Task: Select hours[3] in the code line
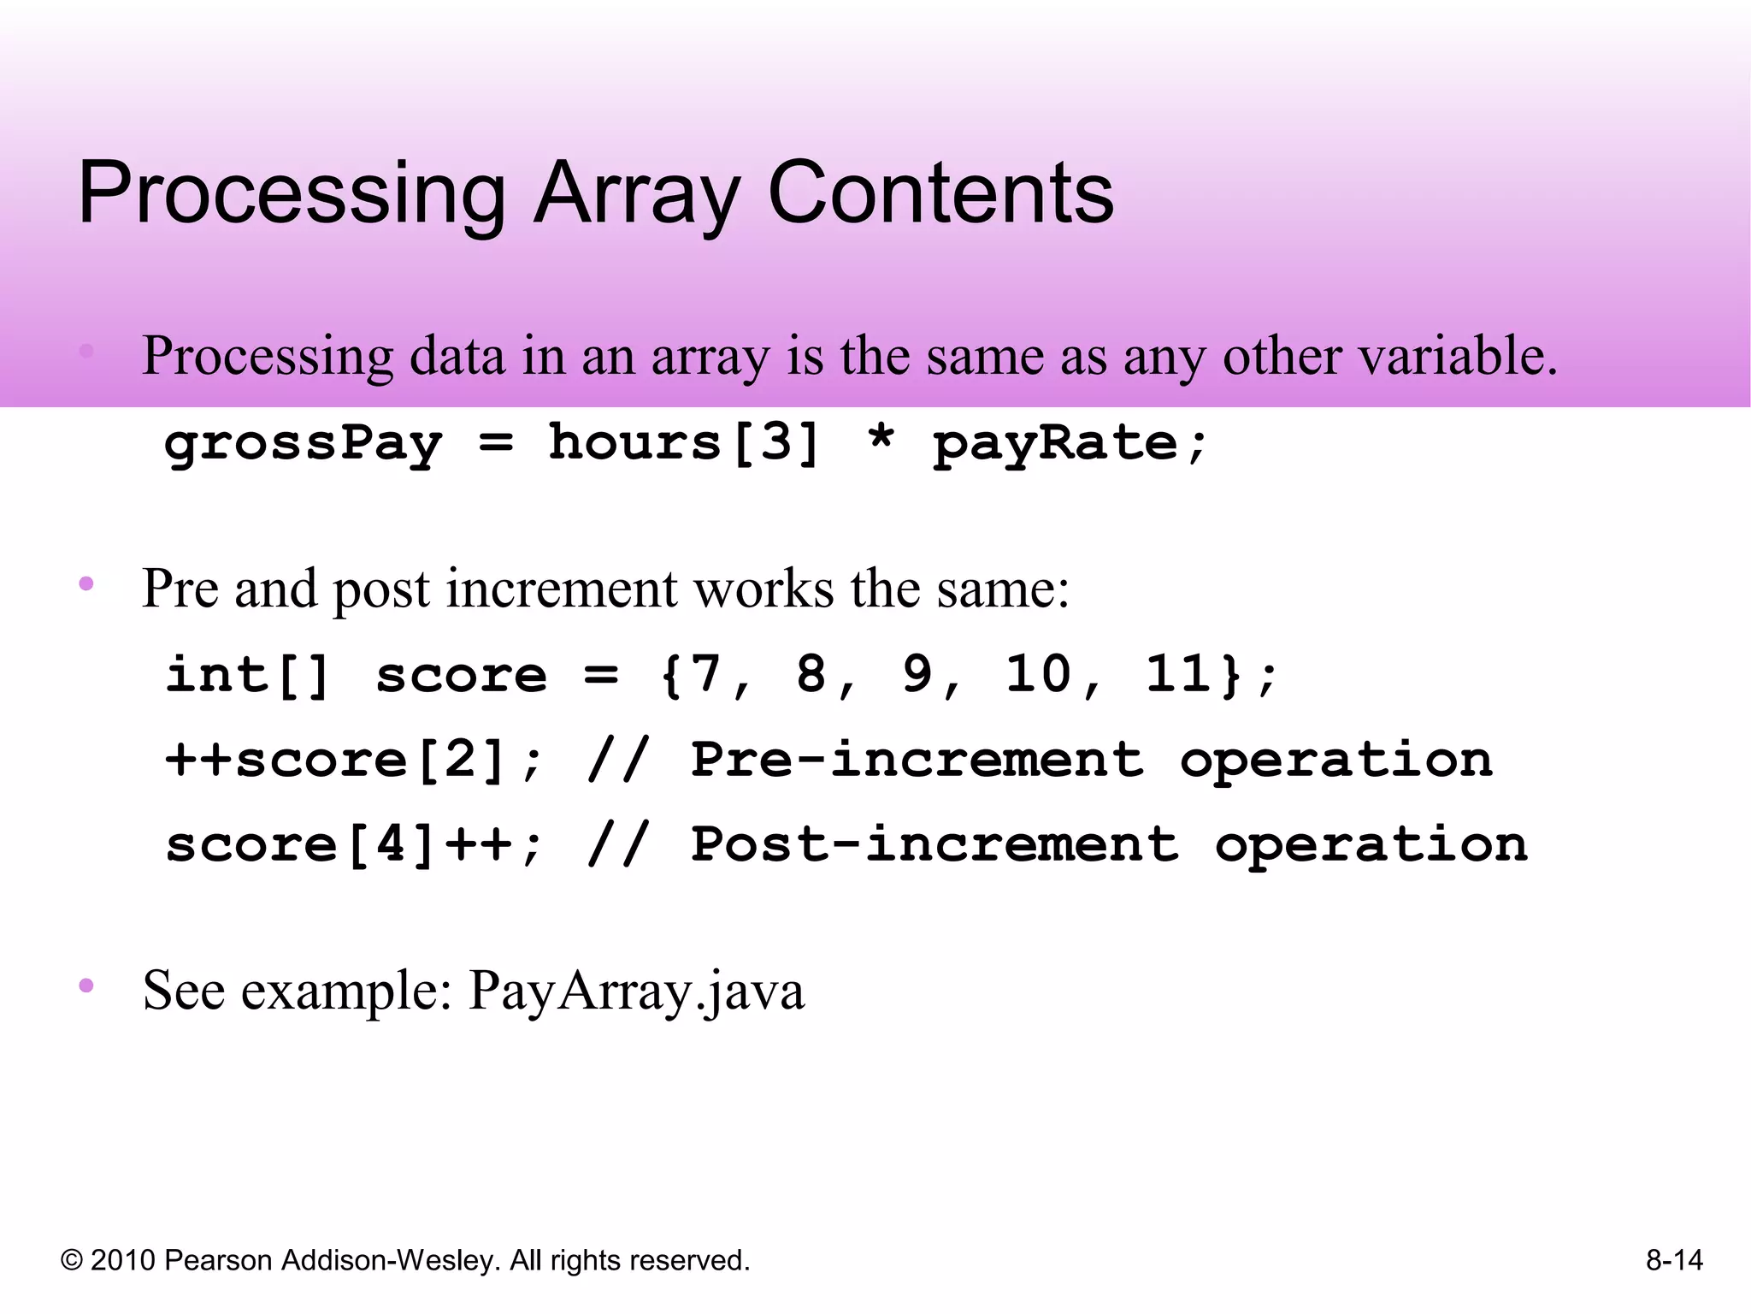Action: click(684, 443)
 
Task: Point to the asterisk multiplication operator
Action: click(881, 438)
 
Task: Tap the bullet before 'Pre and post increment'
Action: click(86, 584)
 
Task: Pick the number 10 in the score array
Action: click(1038, 674)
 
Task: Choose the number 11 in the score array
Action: click(1178, 674)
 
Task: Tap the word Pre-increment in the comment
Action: click(917, 760)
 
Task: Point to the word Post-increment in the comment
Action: click(934, 845)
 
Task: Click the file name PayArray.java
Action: click(636, 991)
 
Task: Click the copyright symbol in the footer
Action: click(72, 1261)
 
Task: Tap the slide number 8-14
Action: click(1674, 1261)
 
